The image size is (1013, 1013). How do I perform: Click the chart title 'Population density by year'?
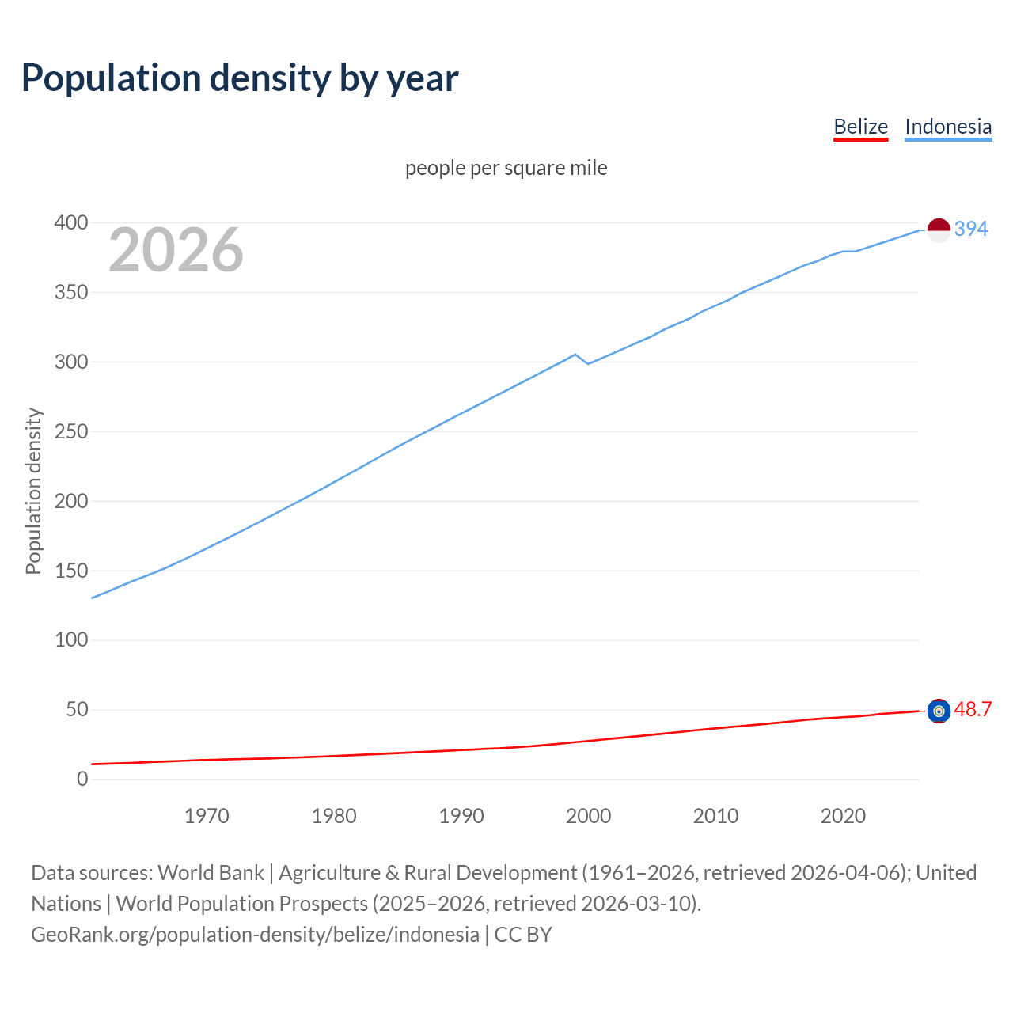tap(240, 78)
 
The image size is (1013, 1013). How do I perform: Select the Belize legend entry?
tap(860, 127)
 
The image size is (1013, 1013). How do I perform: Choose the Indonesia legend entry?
tap(947, 127)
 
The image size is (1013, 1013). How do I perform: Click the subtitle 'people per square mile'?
tap(506, 169)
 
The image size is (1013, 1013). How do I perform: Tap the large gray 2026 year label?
tap(176, 250)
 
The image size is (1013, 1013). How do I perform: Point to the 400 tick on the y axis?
tap(71, 223)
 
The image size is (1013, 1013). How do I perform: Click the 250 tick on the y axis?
tap(71, 432)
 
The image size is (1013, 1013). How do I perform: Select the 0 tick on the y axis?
tap(82, 780)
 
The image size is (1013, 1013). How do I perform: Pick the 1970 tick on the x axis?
tap(207, 816)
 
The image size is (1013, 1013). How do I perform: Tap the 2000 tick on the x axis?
tap(588, 816)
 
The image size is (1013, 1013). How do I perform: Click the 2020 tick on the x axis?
tap(843, 816)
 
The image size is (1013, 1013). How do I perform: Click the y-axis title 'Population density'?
tap(33, 491)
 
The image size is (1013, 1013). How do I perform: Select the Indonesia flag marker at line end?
tap(938, 230)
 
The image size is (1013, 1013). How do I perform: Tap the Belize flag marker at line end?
tap(938, 711)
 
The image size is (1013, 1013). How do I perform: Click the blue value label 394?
tap(971, 230)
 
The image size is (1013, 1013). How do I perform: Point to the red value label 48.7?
tap(973, 710)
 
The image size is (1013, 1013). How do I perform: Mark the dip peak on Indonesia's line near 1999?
tap(575, 355)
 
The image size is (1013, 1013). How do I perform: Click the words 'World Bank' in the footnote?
tap(211, 873)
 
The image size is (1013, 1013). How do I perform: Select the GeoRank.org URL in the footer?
tap(255, 935)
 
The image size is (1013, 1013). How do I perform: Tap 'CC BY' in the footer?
tap(523, 935)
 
